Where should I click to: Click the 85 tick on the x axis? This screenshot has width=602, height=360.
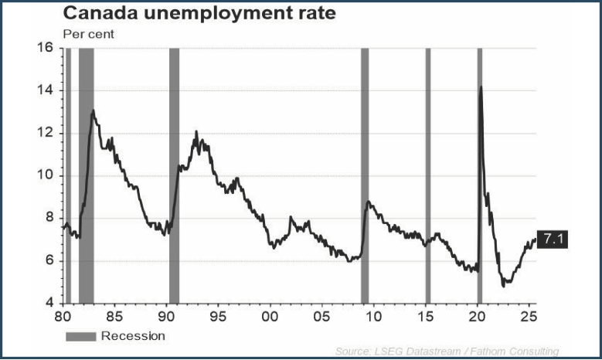114,316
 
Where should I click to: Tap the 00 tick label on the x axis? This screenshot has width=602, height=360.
270,316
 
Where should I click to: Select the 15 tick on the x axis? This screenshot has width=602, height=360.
426,316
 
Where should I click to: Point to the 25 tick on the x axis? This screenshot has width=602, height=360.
529,316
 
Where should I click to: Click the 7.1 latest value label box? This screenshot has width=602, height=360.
552,240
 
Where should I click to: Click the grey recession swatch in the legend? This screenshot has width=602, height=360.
81,336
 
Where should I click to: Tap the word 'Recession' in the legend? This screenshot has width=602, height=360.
133,336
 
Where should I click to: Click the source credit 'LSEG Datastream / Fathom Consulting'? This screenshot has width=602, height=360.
447,352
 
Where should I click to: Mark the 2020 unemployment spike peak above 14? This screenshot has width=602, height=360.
481,87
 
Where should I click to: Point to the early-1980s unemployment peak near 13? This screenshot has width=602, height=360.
94,110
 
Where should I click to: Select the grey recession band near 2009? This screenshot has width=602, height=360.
365,175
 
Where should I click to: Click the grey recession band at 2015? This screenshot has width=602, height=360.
427,175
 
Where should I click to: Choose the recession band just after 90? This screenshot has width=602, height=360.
174,175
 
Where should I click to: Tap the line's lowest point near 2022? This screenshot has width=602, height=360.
504,285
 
